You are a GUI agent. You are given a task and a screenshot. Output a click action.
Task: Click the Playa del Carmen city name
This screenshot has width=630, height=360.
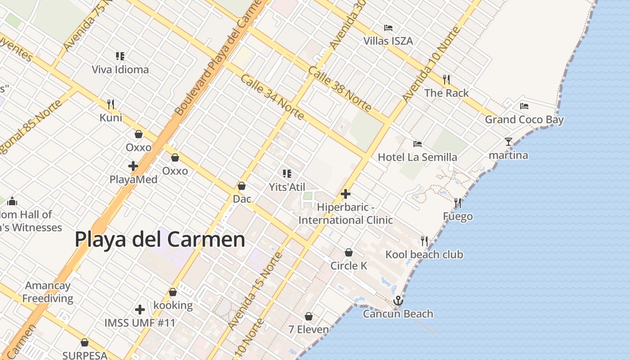(160, 239)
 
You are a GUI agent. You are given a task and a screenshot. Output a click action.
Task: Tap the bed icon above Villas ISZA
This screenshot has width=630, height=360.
(388, 28)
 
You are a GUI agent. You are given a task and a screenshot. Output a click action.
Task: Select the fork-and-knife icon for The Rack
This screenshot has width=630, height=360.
(446, 80)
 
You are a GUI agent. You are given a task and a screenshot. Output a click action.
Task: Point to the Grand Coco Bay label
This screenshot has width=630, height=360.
(524, 120)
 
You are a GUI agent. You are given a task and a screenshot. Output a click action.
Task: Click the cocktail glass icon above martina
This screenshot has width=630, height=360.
(508, 142)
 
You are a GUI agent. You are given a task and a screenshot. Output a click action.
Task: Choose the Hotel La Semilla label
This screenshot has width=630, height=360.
(417, 157)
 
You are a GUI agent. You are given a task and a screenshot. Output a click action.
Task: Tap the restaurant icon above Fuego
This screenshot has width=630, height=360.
(458, 203)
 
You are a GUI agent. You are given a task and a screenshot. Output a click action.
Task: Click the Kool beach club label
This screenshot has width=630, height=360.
(424, 255)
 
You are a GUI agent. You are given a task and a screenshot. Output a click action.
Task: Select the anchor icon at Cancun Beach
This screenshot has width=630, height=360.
(398, 300)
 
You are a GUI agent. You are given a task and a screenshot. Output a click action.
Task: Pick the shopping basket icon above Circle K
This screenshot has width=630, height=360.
(349, 252)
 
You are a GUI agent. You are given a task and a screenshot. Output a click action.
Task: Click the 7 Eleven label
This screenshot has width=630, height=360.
(309, 329)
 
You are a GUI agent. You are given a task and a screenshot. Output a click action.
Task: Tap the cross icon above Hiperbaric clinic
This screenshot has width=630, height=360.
(346, 194)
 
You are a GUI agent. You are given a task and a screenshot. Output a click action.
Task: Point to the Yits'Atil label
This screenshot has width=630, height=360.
(287, 187)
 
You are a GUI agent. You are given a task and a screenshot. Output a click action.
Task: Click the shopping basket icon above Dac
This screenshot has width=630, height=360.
(242, 186)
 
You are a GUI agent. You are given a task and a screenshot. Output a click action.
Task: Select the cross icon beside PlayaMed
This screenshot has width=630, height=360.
(133, 166)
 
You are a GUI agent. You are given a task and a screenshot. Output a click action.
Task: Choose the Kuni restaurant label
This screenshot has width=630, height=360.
(111, 118)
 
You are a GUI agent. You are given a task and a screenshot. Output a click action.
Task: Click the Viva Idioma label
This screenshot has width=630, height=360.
(120, 70)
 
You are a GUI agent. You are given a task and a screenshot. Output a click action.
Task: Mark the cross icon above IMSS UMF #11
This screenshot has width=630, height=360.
(140, 310)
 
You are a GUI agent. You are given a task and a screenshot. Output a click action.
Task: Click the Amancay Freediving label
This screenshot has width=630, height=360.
(48, 292)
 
